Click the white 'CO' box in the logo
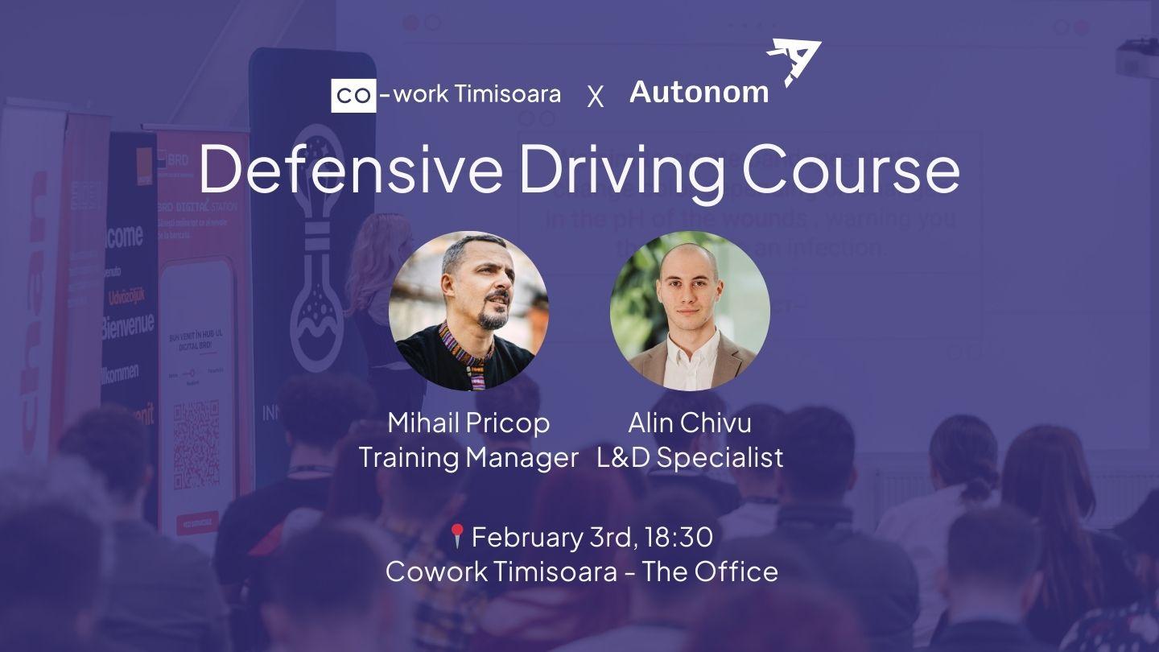pos(353,95)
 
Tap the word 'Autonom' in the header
pos(699,93)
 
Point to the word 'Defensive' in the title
pos(351,170)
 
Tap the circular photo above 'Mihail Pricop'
pos(468,311)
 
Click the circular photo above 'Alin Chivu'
pos(690,311)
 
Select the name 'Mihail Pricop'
pos(468,423)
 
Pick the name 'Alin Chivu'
pos(690,423)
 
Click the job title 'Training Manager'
pos(468,457)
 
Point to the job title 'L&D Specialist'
pos(690,457)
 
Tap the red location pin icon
pos(457,535)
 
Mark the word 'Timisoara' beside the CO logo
pos(508,94)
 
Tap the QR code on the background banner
pos(196,443)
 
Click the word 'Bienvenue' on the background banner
pos(127,327)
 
